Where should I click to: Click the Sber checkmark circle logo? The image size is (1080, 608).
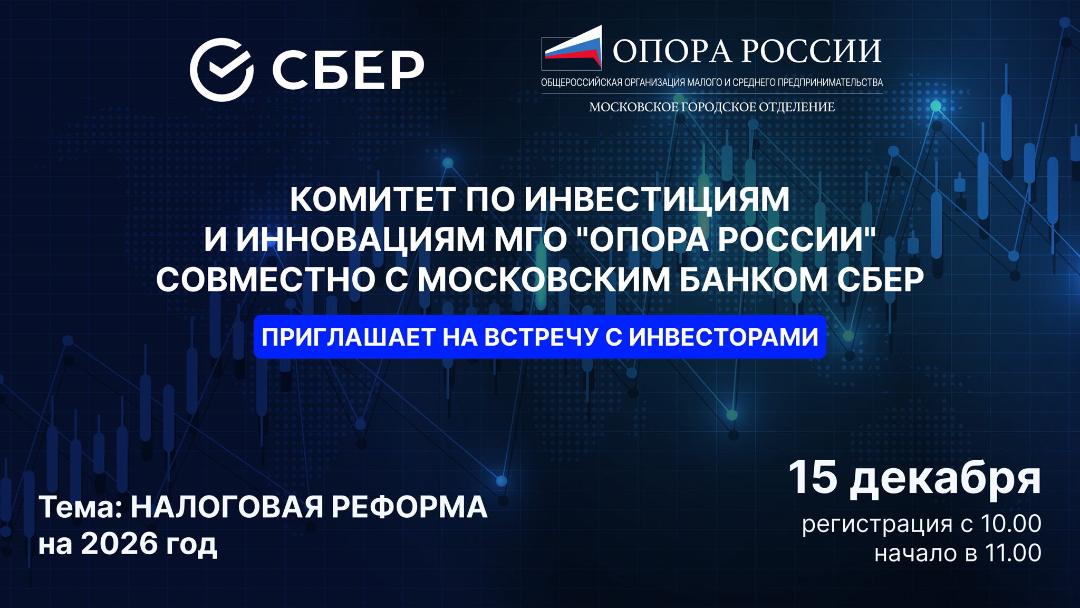coord(221,70)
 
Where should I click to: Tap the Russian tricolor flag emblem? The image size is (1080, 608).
coord(573,48)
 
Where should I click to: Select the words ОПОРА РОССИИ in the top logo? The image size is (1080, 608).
coord(747,51)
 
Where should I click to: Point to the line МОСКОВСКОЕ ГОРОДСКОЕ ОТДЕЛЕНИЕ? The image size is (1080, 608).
coord(712,107)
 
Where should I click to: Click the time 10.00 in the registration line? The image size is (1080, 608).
coord(1010,524)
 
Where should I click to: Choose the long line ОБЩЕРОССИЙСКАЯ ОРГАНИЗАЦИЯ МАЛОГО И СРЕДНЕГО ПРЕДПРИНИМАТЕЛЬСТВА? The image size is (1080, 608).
coord(712,82)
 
